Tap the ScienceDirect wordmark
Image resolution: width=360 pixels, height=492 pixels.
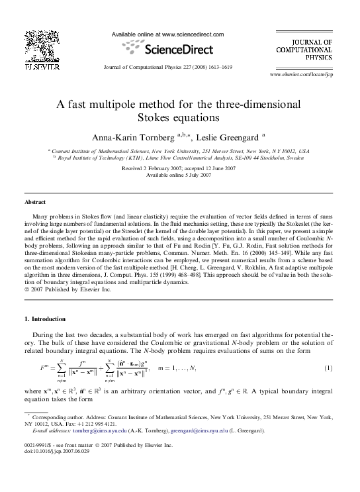coord(178,49)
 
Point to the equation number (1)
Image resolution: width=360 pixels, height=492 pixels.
coord(328,368)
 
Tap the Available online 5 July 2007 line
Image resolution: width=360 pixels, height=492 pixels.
coord(179,175)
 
